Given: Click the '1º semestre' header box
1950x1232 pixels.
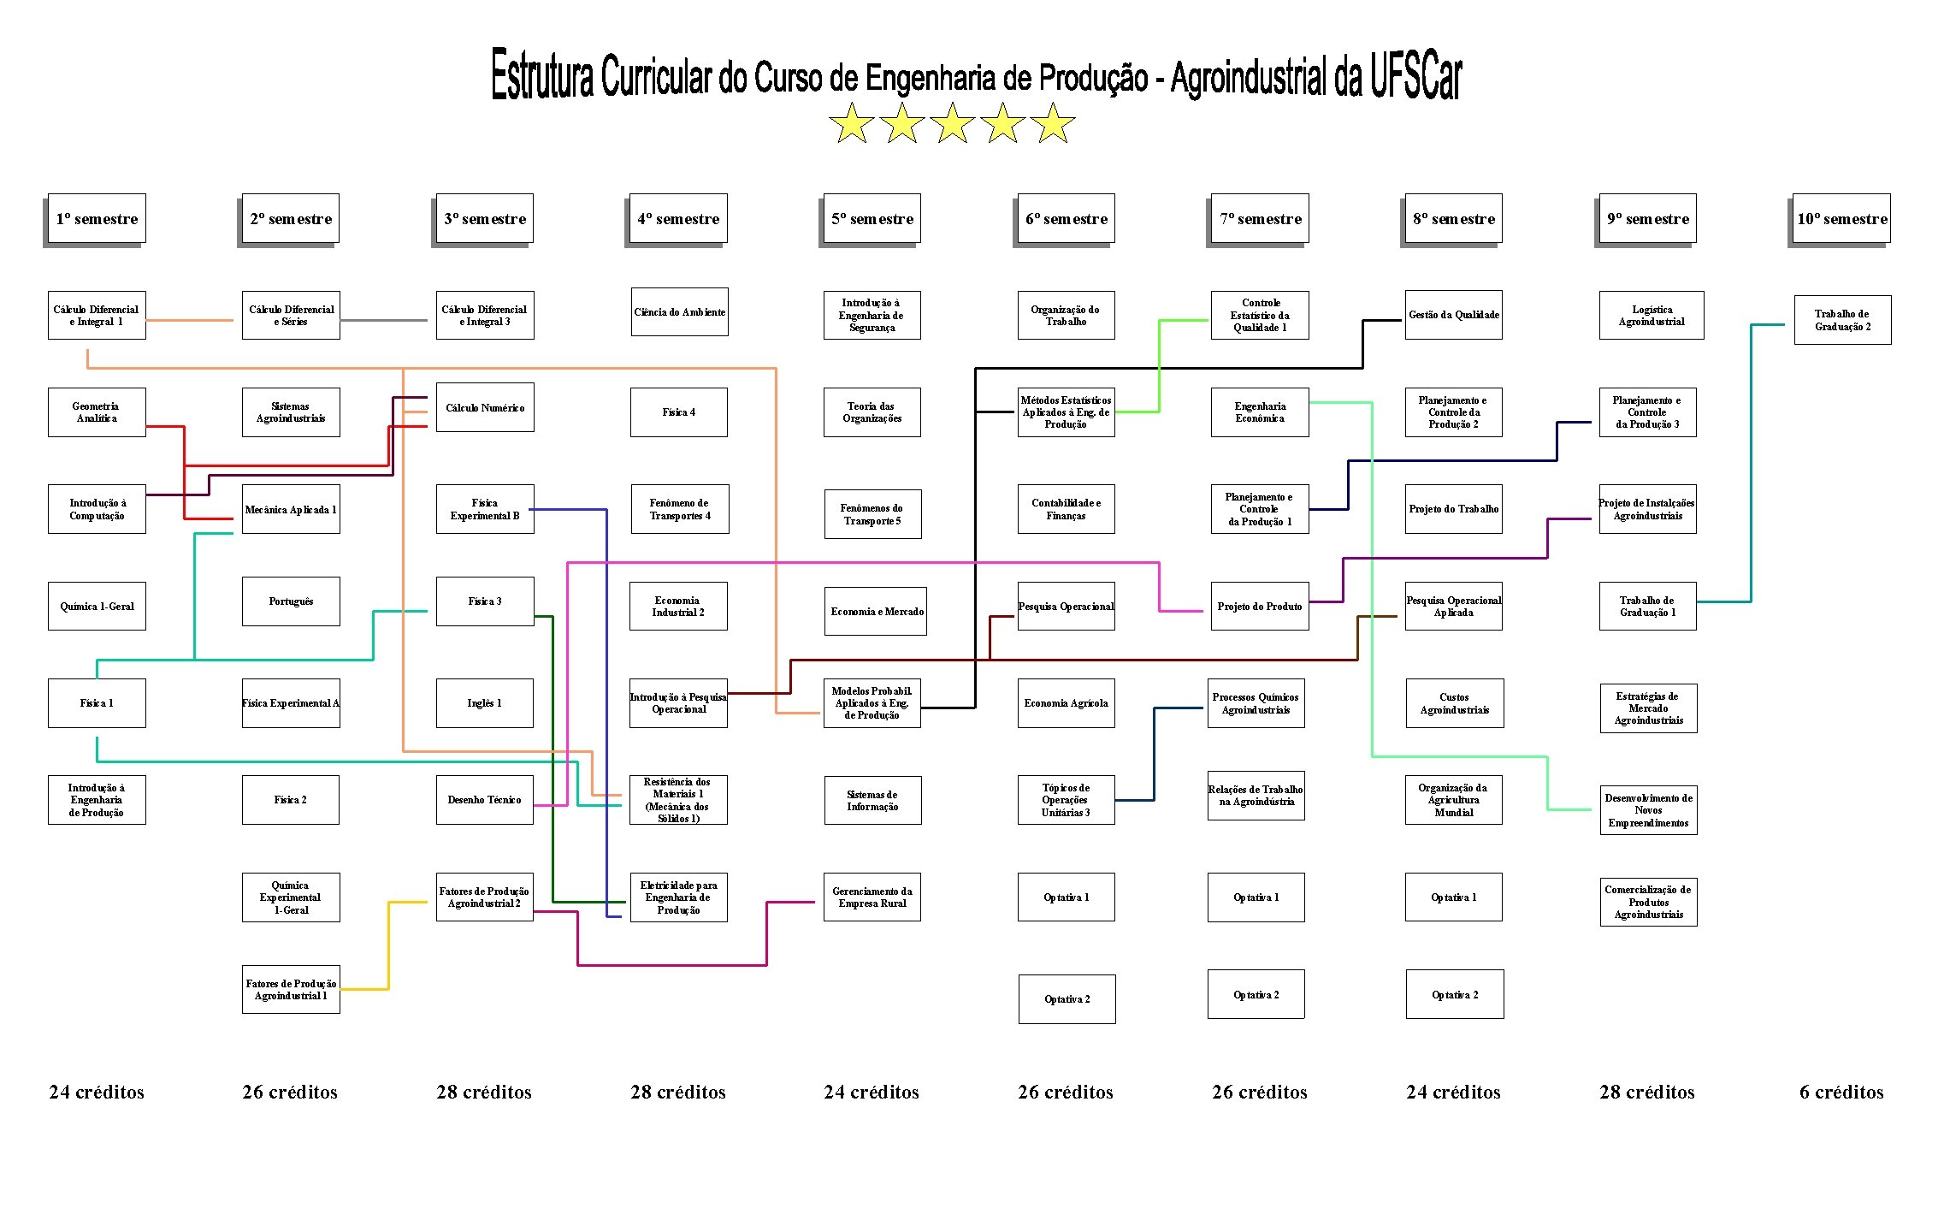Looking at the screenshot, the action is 97,219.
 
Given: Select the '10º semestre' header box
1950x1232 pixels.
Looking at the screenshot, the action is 1841,219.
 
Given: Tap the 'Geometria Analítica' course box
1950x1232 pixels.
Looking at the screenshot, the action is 97,412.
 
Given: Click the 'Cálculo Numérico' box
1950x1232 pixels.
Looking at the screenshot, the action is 485,407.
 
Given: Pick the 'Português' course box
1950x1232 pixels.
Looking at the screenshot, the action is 291,601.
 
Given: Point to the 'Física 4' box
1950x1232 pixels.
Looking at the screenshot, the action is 679,412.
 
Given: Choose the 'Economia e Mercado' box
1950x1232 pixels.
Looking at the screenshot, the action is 876,611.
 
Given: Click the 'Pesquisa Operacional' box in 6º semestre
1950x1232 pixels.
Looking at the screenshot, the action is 1066,607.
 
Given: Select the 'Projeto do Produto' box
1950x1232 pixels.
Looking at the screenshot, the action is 1260,607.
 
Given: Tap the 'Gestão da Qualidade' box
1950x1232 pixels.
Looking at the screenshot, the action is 1453,315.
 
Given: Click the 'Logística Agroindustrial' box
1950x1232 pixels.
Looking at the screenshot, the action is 1652,315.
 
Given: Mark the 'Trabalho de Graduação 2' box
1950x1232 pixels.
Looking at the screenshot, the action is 1842,320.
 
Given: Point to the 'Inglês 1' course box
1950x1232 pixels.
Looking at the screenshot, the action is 485,703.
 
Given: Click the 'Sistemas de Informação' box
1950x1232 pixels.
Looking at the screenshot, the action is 872,800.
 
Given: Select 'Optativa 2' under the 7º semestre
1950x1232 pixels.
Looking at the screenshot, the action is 1256,994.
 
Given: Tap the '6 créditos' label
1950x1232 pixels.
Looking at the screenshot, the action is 1841,1092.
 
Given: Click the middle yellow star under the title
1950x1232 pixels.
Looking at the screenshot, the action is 952,123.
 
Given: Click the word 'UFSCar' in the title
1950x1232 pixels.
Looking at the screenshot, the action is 1415,75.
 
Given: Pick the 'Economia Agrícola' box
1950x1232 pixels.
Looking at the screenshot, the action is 1066,703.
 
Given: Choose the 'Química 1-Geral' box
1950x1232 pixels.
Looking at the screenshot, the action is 97,607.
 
